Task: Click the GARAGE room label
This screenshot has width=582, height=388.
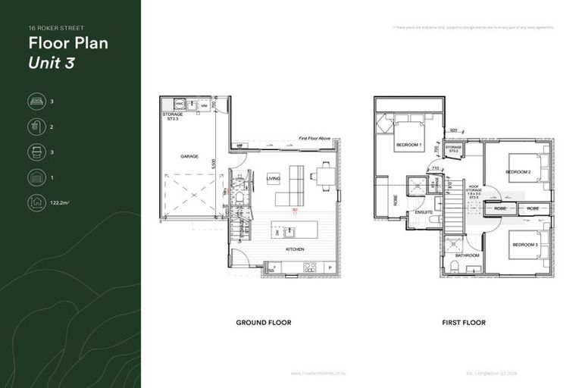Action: pos(189,157)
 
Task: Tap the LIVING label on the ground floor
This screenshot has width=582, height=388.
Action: pos(273,179)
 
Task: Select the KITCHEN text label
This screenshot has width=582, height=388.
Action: pos(295,249)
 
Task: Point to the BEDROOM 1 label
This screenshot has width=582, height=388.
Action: pos(408,145)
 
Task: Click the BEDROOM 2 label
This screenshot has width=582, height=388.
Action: pos(519,171)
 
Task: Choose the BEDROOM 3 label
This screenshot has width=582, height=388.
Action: pos(525,245)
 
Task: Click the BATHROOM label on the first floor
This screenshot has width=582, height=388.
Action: pos(468,255)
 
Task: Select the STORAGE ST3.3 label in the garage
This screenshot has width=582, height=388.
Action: pos(172,116)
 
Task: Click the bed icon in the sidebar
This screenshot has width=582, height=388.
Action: pos(36,102)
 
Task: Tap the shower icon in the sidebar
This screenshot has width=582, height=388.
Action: pos(36,127)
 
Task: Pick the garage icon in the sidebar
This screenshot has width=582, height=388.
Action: pos(36,177)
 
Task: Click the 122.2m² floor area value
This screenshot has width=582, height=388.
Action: pos(61,203)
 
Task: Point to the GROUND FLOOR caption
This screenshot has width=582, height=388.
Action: pos(263,323)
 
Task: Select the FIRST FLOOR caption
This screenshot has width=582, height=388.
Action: pos(464,323)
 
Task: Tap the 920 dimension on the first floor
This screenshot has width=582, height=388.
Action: pos(453,131)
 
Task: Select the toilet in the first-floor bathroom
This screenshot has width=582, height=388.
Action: pos(455,268)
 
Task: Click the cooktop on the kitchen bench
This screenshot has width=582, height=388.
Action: pos(309,267)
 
